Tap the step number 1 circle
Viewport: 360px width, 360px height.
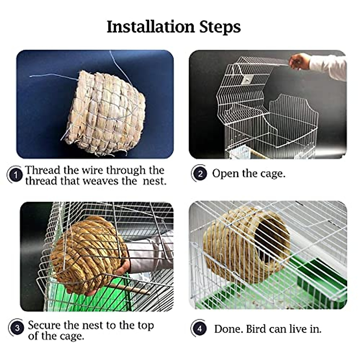coord(16,175)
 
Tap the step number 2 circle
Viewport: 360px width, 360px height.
coord(200,174)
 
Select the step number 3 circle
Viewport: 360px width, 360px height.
coord(17,328)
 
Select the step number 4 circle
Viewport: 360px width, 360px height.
coord(199,328)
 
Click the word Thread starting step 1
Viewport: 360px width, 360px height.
coord(43,170)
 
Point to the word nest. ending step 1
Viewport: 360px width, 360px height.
coord(154,181)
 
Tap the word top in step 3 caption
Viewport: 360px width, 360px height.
coord(145,325)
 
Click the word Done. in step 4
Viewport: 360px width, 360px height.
coord(229,329)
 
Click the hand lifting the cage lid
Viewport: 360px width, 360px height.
coord(299,61)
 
